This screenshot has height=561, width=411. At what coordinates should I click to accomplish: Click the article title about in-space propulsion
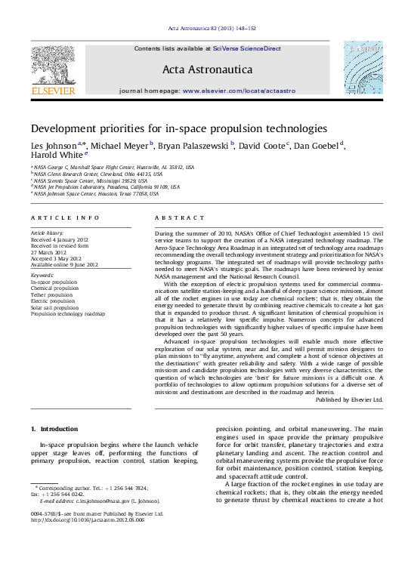[x=178, y=129]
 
